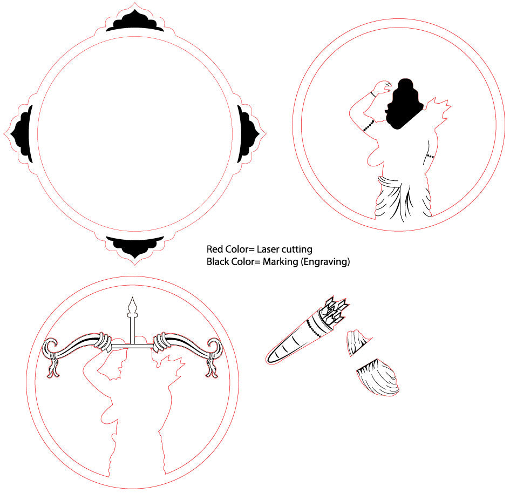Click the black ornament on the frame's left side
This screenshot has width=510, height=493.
pyautogui.click(x=23, y=134)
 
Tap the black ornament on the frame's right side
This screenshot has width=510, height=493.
pyautogui.click(x=248, y=134)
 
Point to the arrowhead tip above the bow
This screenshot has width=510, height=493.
pyautogui.click(x=132, y=298)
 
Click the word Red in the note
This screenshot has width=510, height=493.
pyautogui.click(x=214, y=249)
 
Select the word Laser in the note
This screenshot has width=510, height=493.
pyautogui.click(x=267, y=249)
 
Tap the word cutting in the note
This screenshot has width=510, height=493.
pyautogui.click(x=296, y=250)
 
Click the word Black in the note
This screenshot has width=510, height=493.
pyautogui.click(x=216, y=262)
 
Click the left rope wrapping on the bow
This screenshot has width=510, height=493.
pyautogui.click(x=103, y=342)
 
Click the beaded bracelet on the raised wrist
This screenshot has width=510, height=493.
pyautogui.click(x=373, y=94)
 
